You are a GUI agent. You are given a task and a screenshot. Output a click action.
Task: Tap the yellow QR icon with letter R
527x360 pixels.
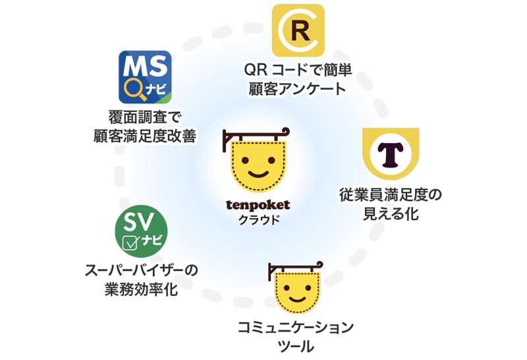(298, 30)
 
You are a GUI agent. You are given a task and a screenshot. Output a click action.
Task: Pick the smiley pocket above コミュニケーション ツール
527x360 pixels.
(296, 290)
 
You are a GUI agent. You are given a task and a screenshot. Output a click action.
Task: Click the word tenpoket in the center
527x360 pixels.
(258, 205)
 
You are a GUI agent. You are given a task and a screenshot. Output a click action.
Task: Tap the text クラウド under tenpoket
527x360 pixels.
(258, 220)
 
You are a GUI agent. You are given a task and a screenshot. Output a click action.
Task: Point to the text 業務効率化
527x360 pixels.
(142, 289)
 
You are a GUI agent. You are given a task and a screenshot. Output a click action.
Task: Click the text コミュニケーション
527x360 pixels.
(296, 328)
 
